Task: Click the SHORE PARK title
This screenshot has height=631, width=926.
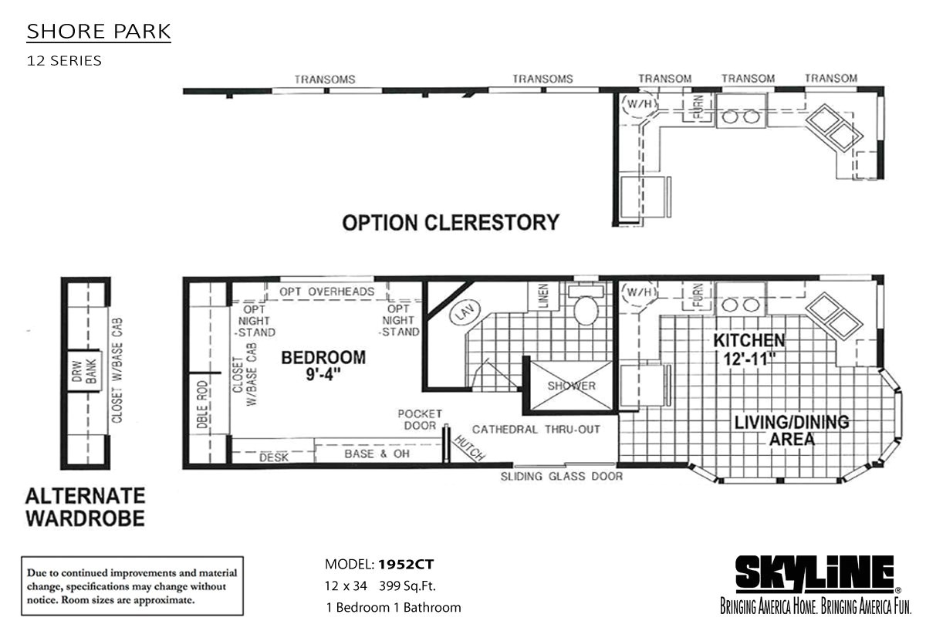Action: point(99,32)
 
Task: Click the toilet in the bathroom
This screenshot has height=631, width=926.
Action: point(585,311)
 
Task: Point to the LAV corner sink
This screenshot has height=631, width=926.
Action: point(462,314)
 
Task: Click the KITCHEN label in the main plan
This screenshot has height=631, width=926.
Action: point(749,349)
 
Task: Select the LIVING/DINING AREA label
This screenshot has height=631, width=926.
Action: point(791,430)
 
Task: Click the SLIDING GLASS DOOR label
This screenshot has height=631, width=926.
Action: point(561,476)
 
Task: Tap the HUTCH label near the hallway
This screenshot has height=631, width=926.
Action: point(469,447)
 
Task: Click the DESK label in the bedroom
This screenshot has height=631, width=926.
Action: point(273,457)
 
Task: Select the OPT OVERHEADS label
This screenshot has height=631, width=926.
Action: point(326,292)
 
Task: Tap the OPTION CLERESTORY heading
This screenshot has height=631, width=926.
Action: point(450,223)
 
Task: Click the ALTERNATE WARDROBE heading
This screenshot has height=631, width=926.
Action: point(85,506)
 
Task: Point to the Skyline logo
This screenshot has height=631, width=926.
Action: point(813,575)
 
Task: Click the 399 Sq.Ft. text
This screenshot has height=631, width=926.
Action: point(410,585)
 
